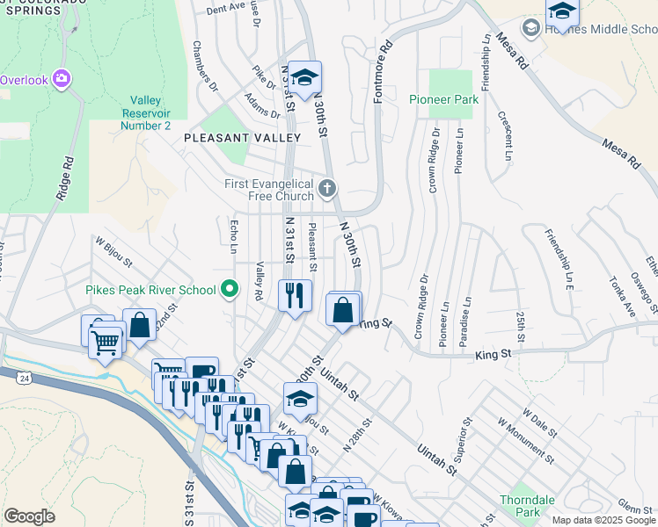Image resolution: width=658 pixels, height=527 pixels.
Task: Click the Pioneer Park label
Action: point(443,99)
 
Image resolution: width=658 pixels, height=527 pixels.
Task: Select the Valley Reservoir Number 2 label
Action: point(150,113)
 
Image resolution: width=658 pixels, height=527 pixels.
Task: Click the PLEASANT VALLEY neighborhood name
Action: point(242,138)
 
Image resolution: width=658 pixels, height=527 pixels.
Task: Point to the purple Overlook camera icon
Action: point(61,79)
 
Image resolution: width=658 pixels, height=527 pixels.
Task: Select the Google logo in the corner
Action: point(29,516)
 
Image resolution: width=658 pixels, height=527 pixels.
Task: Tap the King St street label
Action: point(493,353)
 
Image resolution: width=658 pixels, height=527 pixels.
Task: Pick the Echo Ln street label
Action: point(234,233)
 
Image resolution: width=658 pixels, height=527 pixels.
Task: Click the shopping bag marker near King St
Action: point(342,311)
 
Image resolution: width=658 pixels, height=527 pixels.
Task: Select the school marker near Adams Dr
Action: point(304,77)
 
